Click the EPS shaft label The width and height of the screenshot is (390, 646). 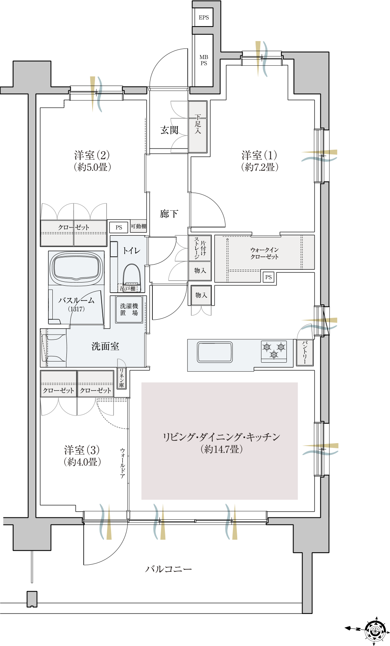[x=204, y=17]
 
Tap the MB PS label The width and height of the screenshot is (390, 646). [x=204, y=60]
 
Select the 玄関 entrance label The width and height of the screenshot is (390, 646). [x=169, y=130]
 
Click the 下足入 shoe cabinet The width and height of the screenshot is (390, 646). [x=198, y=127]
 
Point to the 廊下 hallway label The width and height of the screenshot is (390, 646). [x=169, y=214]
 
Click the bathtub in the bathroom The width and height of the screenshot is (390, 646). [x=77, y=268]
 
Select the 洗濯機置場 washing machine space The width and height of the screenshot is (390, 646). [x=129, y=310]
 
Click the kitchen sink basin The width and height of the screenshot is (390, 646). [x=215, y=352]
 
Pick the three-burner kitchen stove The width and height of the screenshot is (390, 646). [x=274, y=351]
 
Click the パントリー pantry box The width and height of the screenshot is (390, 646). [x=305, y=353]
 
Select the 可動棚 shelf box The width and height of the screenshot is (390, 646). [x=138, y=226]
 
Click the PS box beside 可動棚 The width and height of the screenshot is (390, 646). [x=119, y=227]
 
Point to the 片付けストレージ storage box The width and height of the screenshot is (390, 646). [x=200, y=248]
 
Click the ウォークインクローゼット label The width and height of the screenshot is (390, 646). [x=264, y=253]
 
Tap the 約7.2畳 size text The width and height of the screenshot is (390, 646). [x=259, y=167]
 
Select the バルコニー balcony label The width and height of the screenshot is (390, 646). [x=168, y=569]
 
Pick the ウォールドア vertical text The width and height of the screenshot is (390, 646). [x=123, y=463]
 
